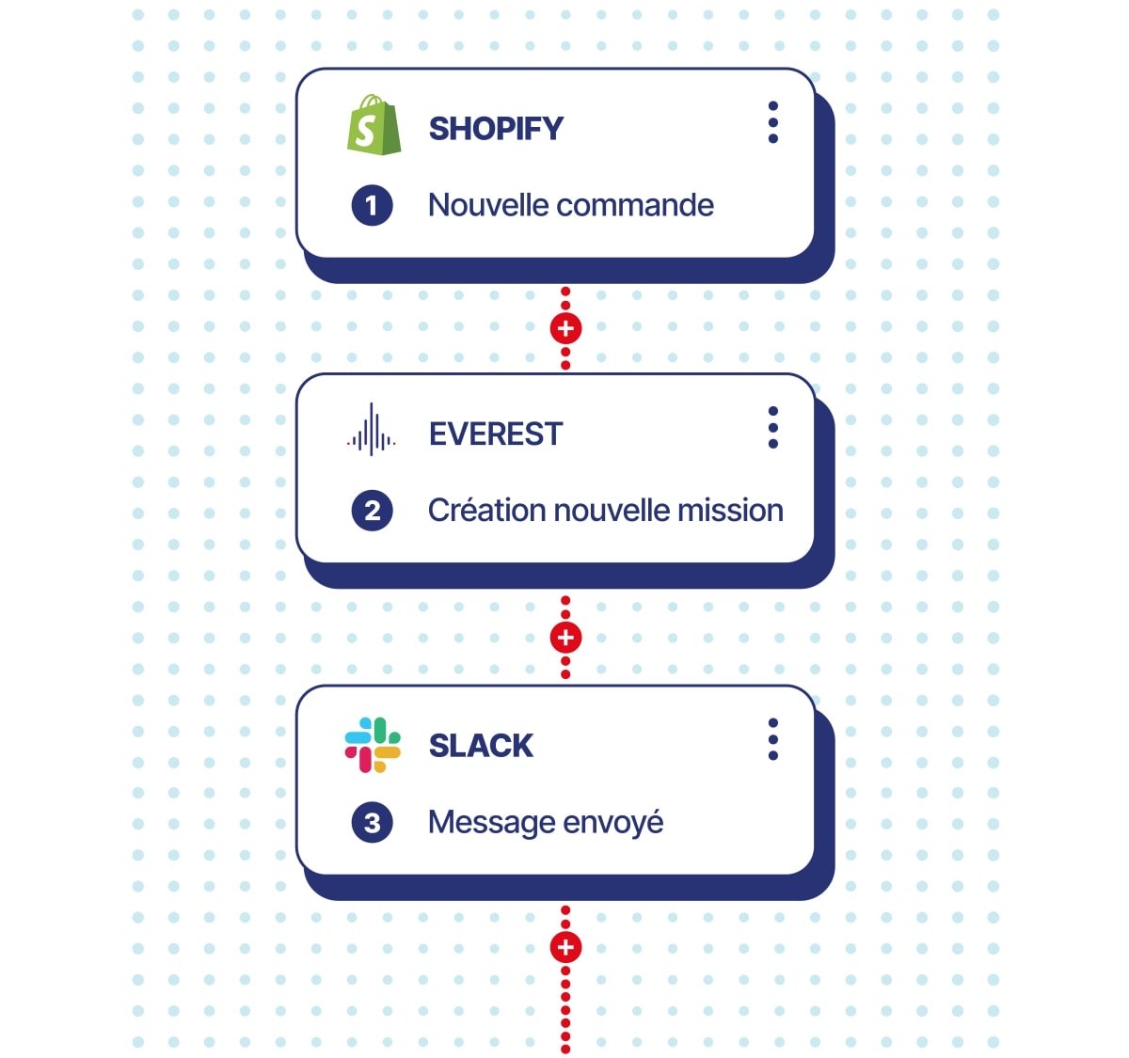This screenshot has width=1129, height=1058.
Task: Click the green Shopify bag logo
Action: point(374,124)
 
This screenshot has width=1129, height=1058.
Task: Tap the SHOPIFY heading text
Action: point(496,129)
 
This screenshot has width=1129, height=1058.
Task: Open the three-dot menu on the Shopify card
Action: point(772,122)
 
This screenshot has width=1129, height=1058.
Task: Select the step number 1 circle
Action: point(372,205)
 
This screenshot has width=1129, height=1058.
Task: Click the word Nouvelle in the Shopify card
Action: point(488,205)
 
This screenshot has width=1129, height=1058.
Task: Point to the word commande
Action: point(635,205)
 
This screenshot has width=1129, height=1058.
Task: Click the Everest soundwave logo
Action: point(372,429)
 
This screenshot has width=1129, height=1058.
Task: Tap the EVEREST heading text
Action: point(496,434)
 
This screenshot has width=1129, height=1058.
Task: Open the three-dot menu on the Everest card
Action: point(772,428)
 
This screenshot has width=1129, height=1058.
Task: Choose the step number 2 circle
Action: point(372,511)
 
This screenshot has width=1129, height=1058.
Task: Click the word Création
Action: point(487,510)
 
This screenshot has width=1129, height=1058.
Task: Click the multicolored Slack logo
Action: point(373,745)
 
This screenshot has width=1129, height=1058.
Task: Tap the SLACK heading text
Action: point(481,746)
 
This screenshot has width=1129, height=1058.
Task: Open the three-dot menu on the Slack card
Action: point(772,739)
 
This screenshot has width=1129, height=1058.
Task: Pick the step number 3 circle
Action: point(372,822)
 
